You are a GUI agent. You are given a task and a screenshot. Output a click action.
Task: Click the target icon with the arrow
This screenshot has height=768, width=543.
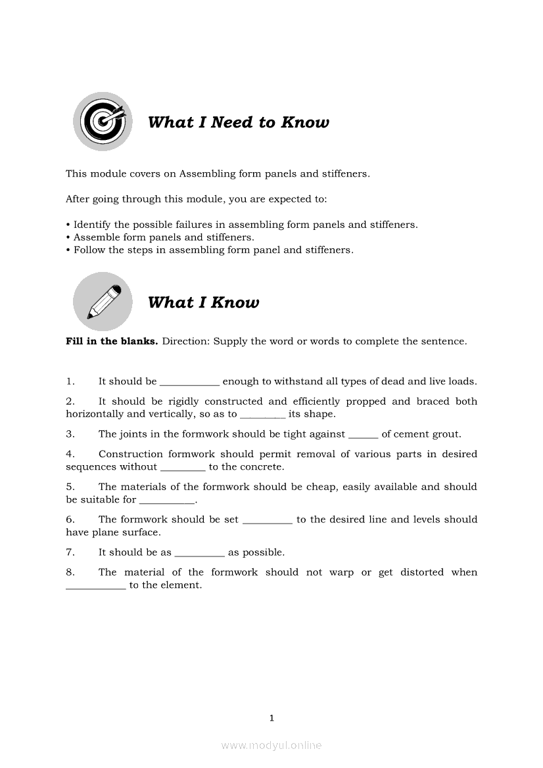click(102, 122)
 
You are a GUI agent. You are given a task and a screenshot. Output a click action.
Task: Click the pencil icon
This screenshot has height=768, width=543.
click(102, 302)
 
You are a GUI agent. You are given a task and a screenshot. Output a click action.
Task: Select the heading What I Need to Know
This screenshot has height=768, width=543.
click(239, 122)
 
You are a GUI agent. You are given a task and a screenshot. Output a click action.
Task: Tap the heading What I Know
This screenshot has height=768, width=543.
click(204, 302)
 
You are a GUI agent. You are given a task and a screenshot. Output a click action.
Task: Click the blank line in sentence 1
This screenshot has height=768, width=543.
click(189, 383)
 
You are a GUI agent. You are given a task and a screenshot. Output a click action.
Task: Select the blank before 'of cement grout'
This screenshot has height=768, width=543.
click(363, 436)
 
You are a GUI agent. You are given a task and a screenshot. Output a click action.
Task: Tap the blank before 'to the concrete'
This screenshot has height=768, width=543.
click(183, 468)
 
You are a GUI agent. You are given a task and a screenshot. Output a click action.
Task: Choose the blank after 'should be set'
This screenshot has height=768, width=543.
click(268, 521)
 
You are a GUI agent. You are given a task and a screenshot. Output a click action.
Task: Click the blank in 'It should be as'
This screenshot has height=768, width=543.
click(199, 554)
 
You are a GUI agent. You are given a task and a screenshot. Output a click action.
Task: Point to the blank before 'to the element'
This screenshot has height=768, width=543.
click(96, 587)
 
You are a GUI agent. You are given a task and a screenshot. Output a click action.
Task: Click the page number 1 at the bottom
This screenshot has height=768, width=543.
click(271, 718)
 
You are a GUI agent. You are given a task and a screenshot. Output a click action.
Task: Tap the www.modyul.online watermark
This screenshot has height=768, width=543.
click(271, 745)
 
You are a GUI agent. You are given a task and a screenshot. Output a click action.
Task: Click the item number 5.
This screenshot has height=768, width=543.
click(69, 487)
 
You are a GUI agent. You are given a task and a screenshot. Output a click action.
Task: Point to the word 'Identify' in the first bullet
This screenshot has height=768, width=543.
click(92, 225)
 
